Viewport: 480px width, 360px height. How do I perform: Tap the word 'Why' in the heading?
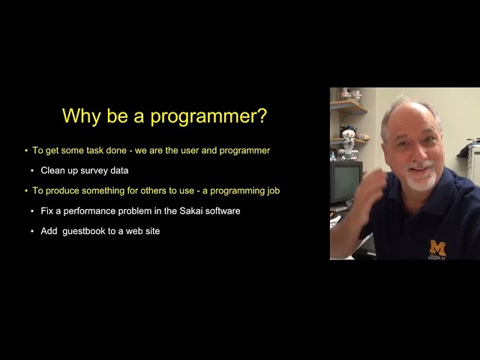point(78,116)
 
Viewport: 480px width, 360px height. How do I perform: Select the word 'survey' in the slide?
point(93,170)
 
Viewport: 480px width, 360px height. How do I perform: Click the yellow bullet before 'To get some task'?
point(26,150)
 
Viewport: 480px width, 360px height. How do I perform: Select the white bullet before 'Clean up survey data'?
point(31,170)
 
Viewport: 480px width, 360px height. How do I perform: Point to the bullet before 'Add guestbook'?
point(31,231)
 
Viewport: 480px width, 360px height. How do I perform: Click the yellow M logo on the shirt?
point(437,248)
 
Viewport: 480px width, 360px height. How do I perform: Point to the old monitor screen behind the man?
point(344,181)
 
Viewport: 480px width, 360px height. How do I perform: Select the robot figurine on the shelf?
point(347,143)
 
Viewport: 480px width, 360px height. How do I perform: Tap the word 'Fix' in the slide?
point(48,211)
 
